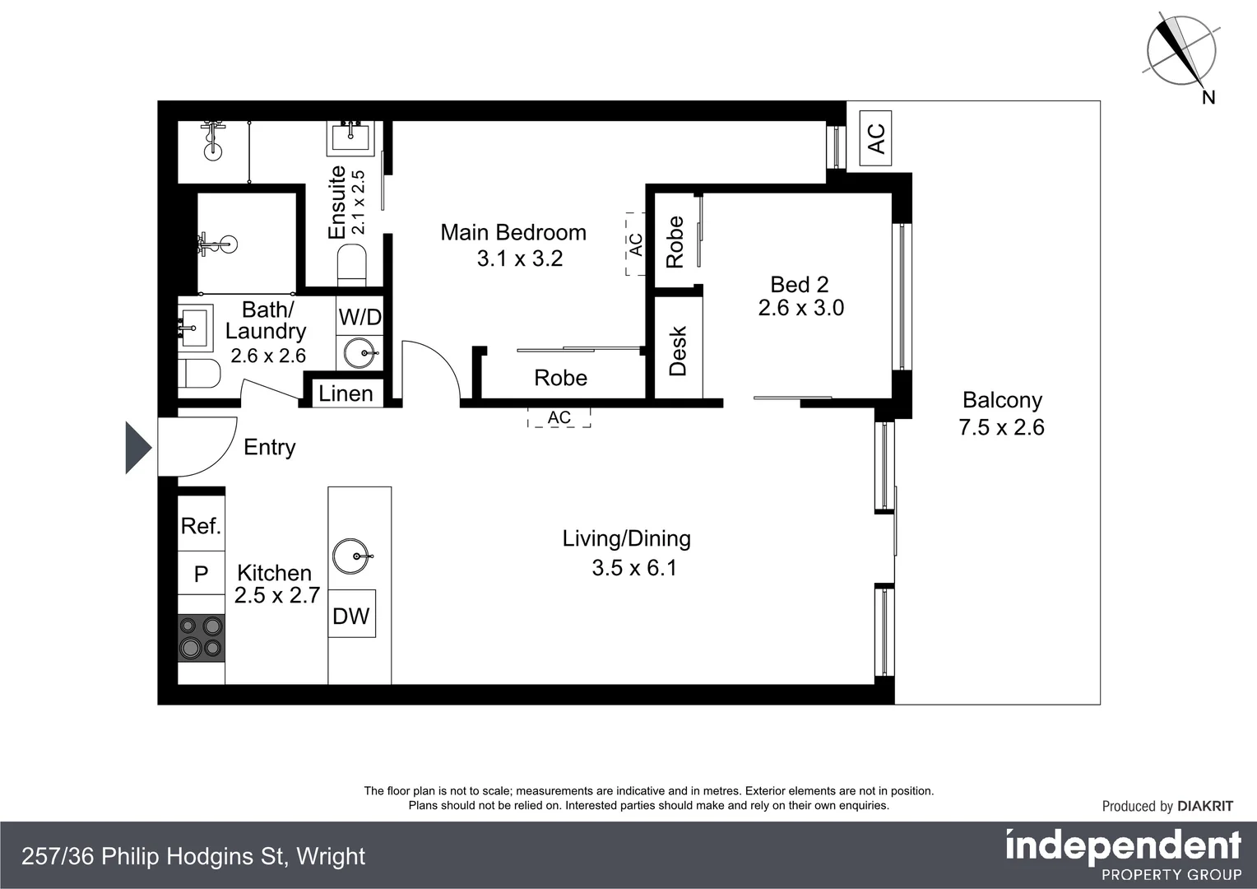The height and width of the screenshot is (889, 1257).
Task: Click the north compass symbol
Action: (1181, 51)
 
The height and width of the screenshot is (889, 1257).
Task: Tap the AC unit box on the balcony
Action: (876, 137)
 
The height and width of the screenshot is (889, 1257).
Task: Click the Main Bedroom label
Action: (513, 233)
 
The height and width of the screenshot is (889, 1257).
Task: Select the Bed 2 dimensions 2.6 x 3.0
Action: (800, 308)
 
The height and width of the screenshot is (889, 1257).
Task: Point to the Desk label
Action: (678, 351)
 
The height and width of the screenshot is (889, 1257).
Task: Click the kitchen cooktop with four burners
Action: (202, 638)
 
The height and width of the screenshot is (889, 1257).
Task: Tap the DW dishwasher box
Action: (351, 615)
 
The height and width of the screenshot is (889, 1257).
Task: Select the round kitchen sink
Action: (353, 556)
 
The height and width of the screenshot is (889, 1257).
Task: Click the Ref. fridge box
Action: (202, 526)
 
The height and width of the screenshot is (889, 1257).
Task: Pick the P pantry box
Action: (202, 574)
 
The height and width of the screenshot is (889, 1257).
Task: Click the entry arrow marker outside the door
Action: (137, 448)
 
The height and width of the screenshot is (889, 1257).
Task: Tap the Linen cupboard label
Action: (346, 393)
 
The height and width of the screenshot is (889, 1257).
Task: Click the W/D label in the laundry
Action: (359, 317)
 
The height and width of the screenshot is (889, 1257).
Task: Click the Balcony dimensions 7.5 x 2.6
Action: (1001, 427)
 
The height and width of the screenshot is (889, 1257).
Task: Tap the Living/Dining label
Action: (626, 538)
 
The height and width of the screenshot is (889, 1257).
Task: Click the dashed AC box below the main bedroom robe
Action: (559, 417)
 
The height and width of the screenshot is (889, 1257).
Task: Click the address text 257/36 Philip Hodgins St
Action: (193, 856)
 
